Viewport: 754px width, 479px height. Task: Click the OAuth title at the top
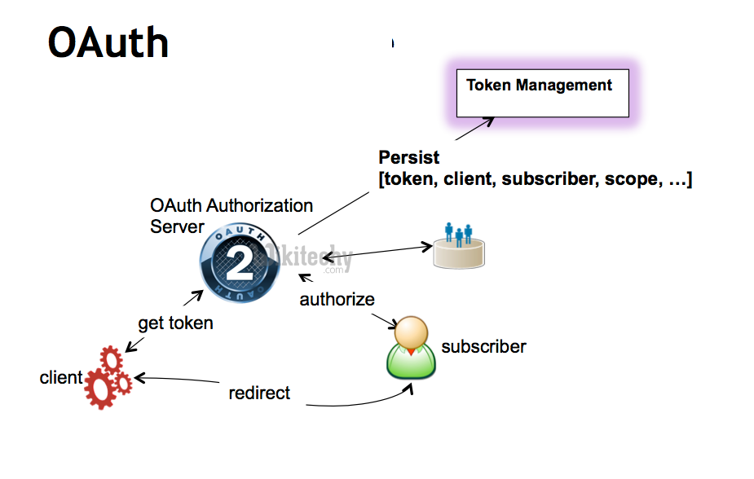(x=108, y=42)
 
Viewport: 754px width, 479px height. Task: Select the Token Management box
(x=542, y=93)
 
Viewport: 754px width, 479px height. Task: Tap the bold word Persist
(x=409, y=157)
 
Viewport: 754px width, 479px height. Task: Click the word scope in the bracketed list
(x=630, y=180)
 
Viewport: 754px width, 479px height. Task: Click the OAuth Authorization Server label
(x=231, y=216)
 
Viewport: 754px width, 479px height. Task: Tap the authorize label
(x=337, y=299)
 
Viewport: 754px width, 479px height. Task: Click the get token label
(x=175, y=323)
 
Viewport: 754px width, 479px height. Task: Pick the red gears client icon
(x=107, y=376)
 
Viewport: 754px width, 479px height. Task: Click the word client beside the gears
(x=61, y=378)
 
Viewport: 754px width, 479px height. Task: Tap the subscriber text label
(x=483, y=347)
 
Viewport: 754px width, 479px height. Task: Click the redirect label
(x=259, y=393)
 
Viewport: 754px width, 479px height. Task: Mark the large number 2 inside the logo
(x=235, y=261)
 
